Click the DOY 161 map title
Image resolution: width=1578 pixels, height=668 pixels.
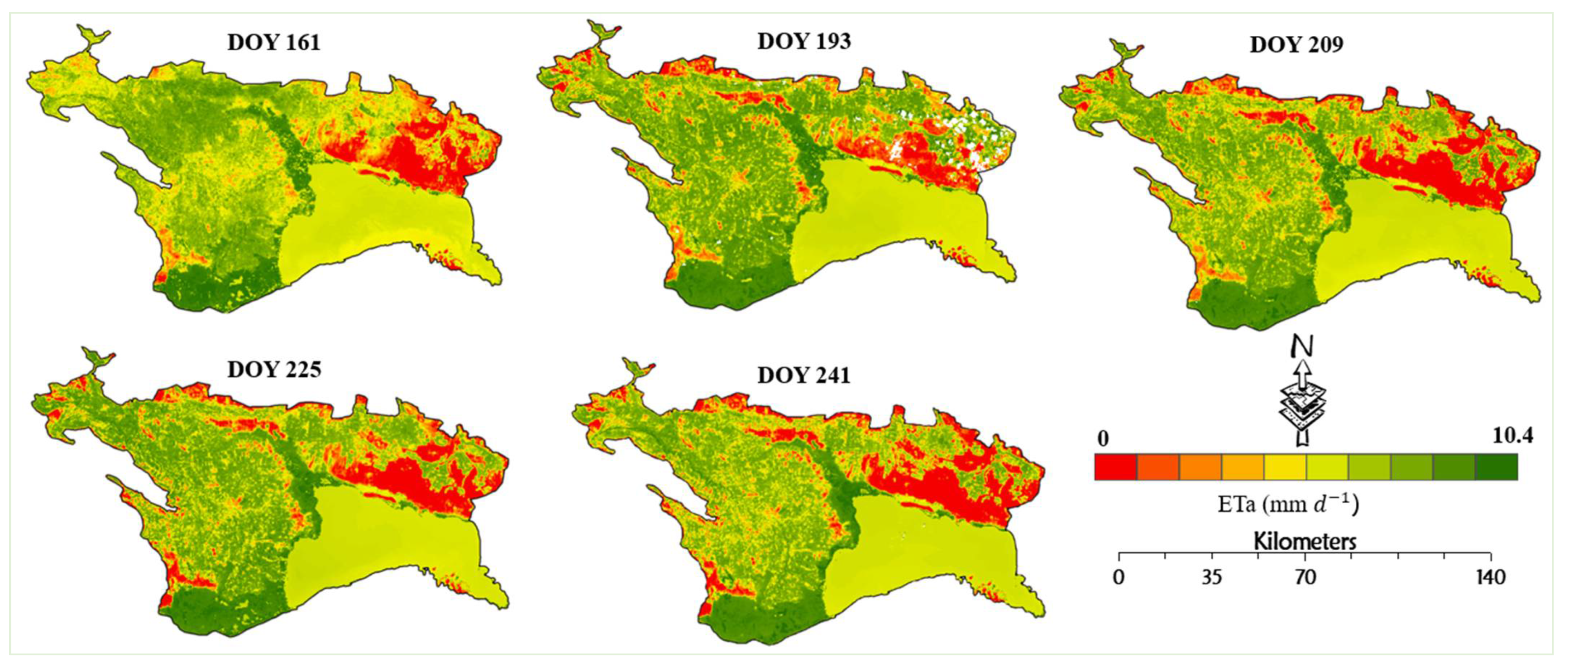[x=274, y=43]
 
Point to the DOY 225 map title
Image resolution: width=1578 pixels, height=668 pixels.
[x=274, y=370]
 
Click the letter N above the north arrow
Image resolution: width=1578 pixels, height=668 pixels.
[x=1302, y=347]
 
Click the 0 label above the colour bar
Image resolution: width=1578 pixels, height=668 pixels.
[x=1103, y=439]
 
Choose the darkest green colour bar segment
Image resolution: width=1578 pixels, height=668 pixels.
[x=1497, y=467]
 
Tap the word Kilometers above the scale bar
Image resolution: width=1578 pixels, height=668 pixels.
[x=1305, y=542]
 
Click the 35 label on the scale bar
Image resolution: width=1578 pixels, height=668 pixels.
[x=1212, y=578]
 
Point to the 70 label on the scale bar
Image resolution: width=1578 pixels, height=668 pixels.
[x=1305, y=578]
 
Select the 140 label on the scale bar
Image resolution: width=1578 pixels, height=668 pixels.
[x=1490, y=578]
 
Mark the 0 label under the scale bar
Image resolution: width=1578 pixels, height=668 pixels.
[x=1119, y=578]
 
